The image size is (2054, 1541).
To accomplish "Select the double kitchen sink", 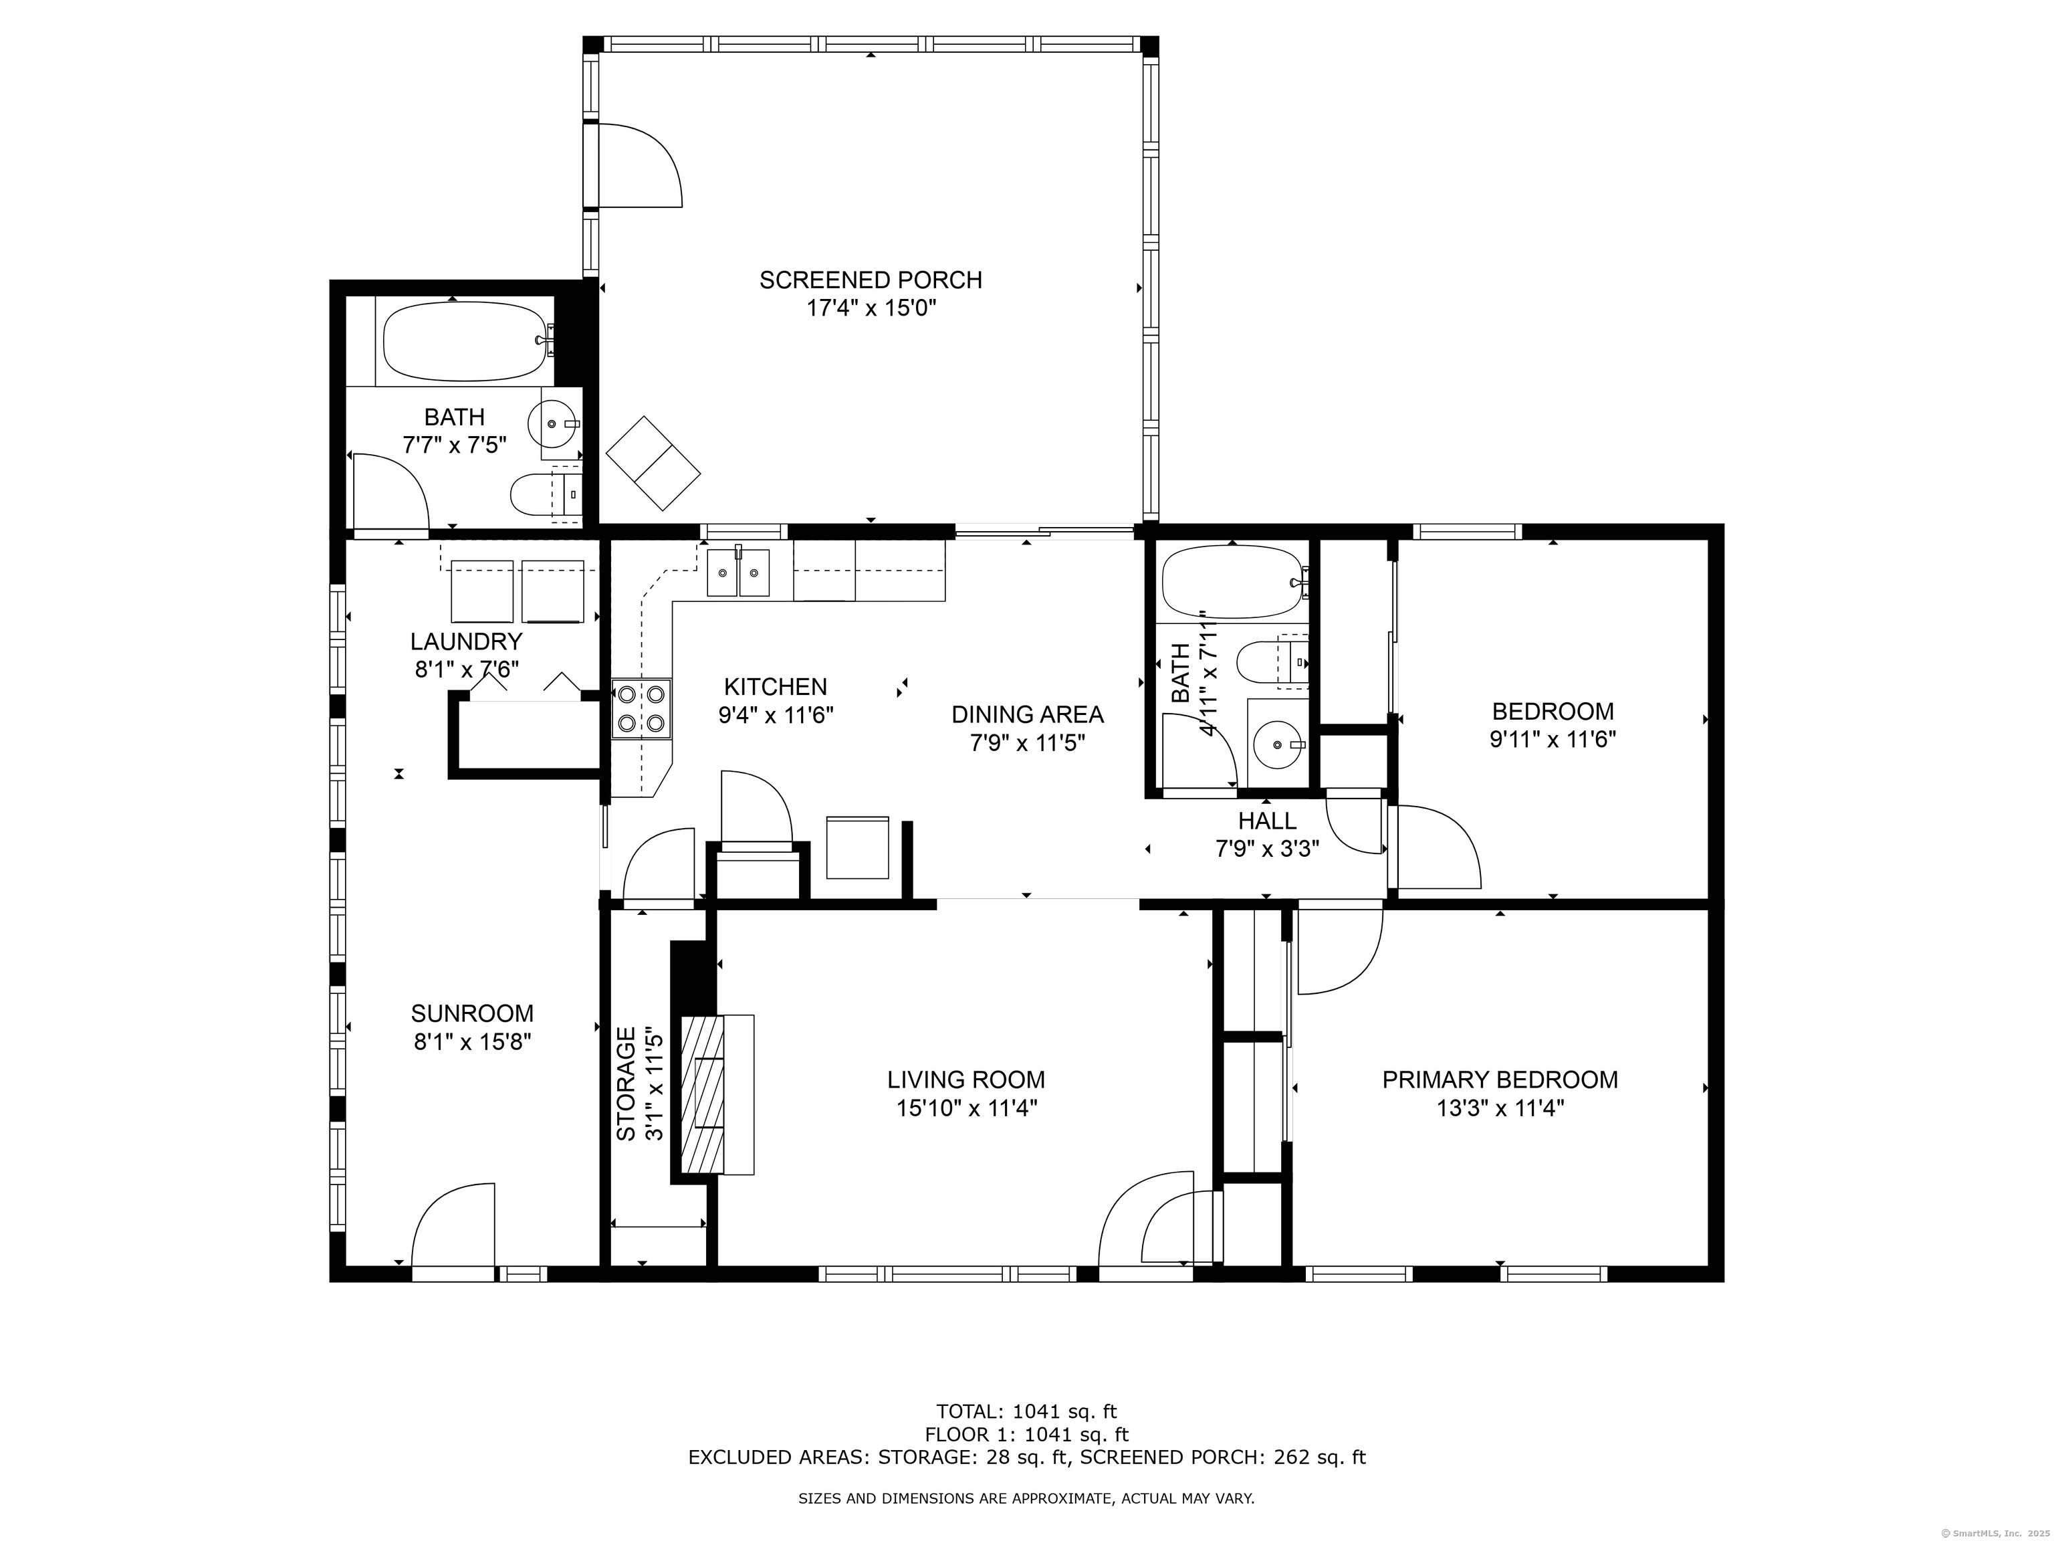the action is (738, 572).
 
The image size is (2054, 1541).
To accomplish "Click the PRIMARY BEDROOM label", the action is (1500, 1080).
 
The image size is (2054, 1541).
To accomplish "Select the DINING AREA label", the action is (1027, 714).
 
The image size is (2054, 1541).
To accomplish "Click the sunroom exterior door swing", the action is (453, 1224).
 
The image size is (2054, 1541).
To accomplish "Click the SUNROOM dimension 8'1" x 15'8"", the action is (473, 1042).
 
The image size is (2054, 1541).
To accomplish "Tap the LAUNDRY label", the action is (466, 641).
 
